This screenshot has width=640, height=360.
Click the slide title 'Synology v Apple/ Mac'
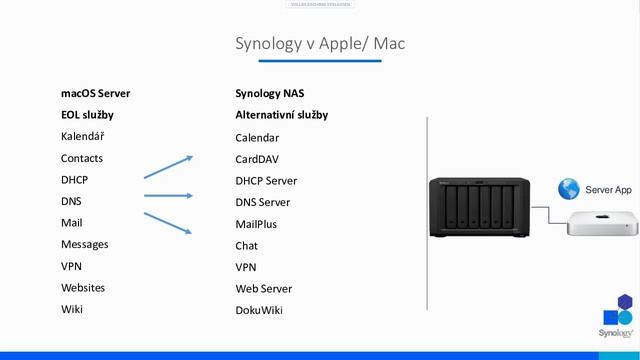pos(320,44)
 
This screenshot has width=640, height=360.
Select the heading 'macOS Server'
pos(95,93)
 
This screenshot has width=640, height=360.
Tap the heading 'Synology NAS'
pos(270,93)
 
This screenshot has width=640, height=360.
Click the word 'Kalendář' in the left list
pos(83,136)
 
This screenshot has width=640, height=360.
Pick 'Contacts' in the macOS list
pos(82,158)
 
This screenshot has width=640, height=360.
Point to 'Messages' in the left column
pos(84,244)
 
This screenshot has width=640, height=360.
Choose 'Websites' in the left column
pos(83,287)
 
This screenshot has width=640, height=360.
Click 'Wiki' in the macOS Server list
pos(72,309)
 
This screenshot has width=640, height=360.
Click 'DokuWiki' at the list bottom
pos(259,310)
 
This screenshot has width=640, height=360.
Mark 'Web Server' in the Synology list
pos(263,289)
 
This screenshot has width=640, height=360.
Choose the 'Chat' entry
pos(247,246)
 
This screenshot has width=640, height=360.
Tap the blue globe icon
pos(569,188)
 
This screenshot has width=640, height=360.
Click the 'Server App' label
pos(608,189)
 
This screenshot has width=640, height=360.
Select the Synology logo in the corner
pos(616,318)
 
